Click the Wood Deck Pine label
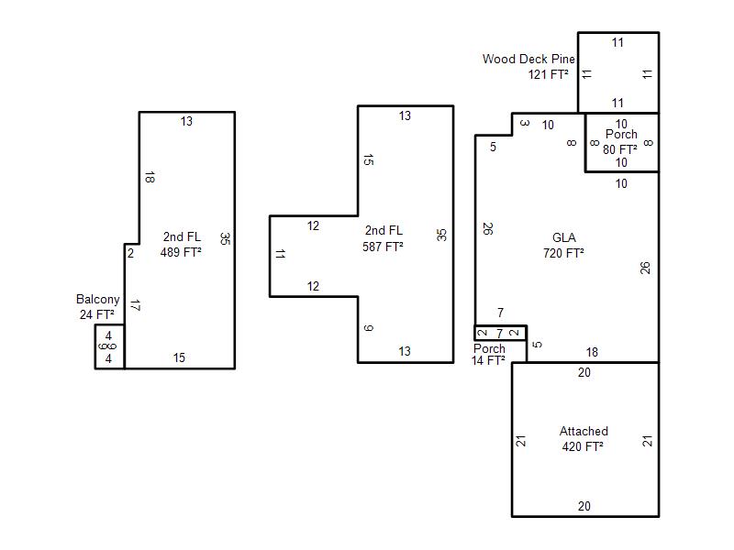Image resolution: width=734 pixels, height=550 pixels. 528,59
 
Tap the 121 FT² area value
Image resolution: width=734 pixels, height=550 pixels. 548,74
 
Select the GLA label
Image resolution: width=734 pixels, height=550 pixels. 564,237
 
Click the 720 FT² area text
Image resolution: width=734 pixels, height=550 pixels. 563,253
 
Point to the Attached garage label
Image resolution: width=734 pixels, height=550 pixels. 584,431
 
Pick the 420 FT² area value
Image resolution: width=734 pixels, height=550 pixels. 583,446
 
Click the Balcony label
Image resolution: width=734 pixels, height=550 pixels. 98,300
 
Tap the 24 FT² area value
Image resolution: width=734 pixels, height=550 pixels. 97,314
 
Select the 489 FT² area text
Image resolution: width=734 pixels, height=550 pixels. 181,252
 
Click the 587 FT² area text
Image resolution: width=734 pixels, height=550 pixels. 383,247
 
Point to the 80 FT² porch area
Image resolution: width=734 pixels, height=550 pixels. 620,149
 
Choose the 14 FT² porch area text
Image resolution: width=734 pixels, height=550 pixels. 488,360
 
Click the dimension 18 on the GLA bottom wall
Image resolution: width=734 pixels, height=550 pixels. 592,352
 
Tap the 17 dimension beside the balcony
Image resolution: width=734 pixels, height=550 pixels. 135,306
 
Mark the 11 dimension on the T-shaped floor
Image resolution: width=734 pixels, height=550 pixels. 280,254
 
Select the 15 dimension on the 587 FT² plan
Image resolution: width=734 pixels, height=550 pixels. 369,159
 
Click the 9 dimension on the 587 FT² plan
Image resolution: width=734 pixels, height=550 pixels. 369,328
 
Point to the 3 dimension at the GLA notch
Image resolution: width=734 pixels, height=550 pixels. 525,123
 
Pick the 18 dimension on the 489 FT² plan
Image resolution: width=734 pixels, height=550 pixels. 150,177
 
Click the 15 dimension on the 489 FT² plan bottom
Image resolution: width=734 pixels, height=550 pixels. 179,357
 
